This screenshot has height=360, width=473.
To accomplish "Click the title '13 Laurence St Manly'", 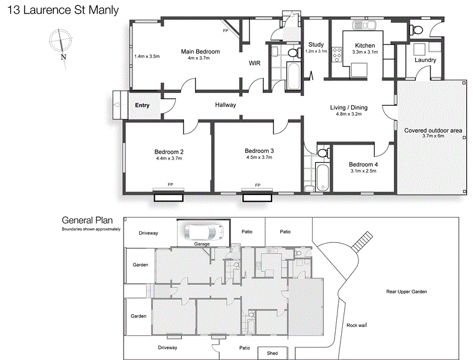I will (59, 10).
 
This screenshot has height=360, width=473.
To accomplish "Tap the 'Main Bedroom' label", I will (200, 52).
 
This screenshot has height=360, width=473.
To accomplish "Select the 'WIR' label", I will (254, 62).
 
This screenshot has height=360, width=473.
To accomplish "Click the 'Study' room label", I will (315, 44).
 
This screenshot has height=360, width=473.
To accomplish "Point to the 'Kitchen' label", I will (364, 46).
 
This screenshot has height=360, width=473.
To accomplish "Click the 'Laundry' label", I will (425, 60).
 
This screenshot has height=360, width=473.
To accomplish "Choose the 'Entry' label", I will (142, 106).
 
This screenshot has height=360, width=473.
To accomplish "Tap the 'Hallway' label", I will (225, 105).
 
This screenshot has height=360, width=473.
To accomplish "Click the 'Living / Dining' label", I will (348, 108).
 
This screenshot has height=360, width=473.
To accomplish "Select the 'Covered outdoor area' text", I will (432, 130).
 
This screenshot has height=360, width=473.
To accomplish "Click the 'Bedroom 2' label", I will (168, 151).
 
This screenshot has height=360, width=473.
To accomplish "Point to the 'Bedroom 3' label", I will (259, 151).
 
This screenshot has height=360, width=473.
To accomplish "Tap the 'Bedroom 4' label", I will (363, 164).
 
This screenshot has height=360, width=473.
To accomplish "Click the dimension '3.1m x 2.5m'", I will (363, 171).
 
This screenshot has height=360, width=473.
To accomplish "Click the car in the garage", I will (203, 231).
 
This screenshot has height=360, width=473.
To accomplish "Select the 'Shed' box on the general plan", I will (272, 353).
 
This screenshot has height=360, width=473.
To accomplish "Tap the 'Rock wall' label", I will (356, 325).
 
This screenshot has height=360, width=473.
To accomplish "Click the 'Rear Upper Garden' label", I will (406, 292).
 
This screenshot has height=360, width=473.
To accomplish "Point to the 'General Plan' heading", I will (86, 220).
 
